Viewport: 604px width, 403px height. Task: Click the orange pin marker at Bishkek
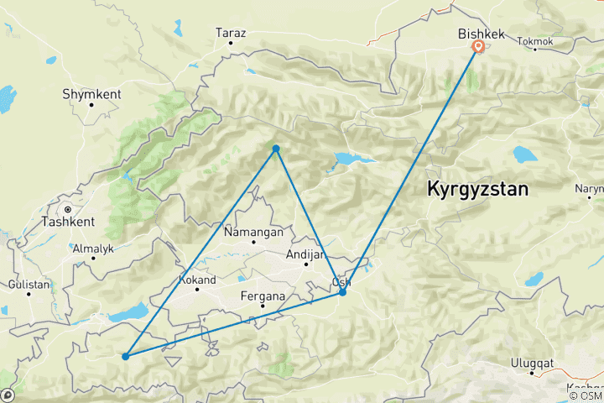(x=477, y=47)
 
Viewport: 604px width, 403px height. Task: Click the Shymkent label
(x=87, y=95)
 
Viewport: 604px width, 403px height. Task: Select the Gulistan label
(x=28, y=285)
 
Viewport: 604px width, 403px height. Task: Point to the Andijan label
(x=305, y=255)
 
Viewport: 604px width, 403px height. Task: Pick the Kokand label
(x=197, y=280)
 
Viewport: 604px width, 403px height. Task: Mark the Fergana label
(x=262, y=296)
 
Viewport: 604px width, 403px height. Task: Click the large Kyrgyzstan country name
(x=478, y=189)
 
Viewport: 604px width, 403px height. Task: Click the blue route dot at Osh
(x=342, y=292)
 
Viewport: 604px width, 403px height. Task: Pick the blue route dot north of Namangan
(x=275, y=149)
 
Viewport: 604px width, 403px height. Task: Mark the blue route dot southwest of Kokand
(x=125, y=356)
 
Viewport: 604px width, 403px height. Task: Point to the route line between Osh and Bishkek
(x=411, y=167)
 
